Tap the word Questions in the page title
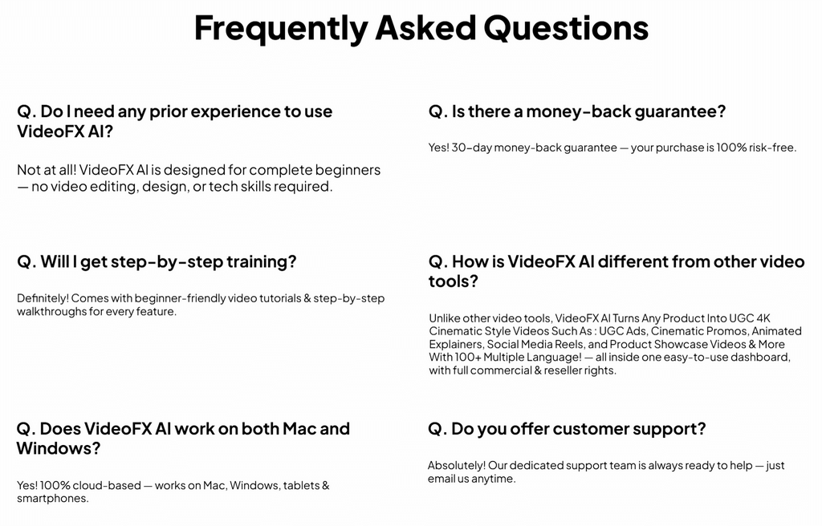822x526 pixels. [x=565, y=28]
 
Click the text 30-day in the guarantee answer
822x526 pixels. [x=471, y=148]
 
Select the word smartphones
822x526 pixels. [x=51, y=498]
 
